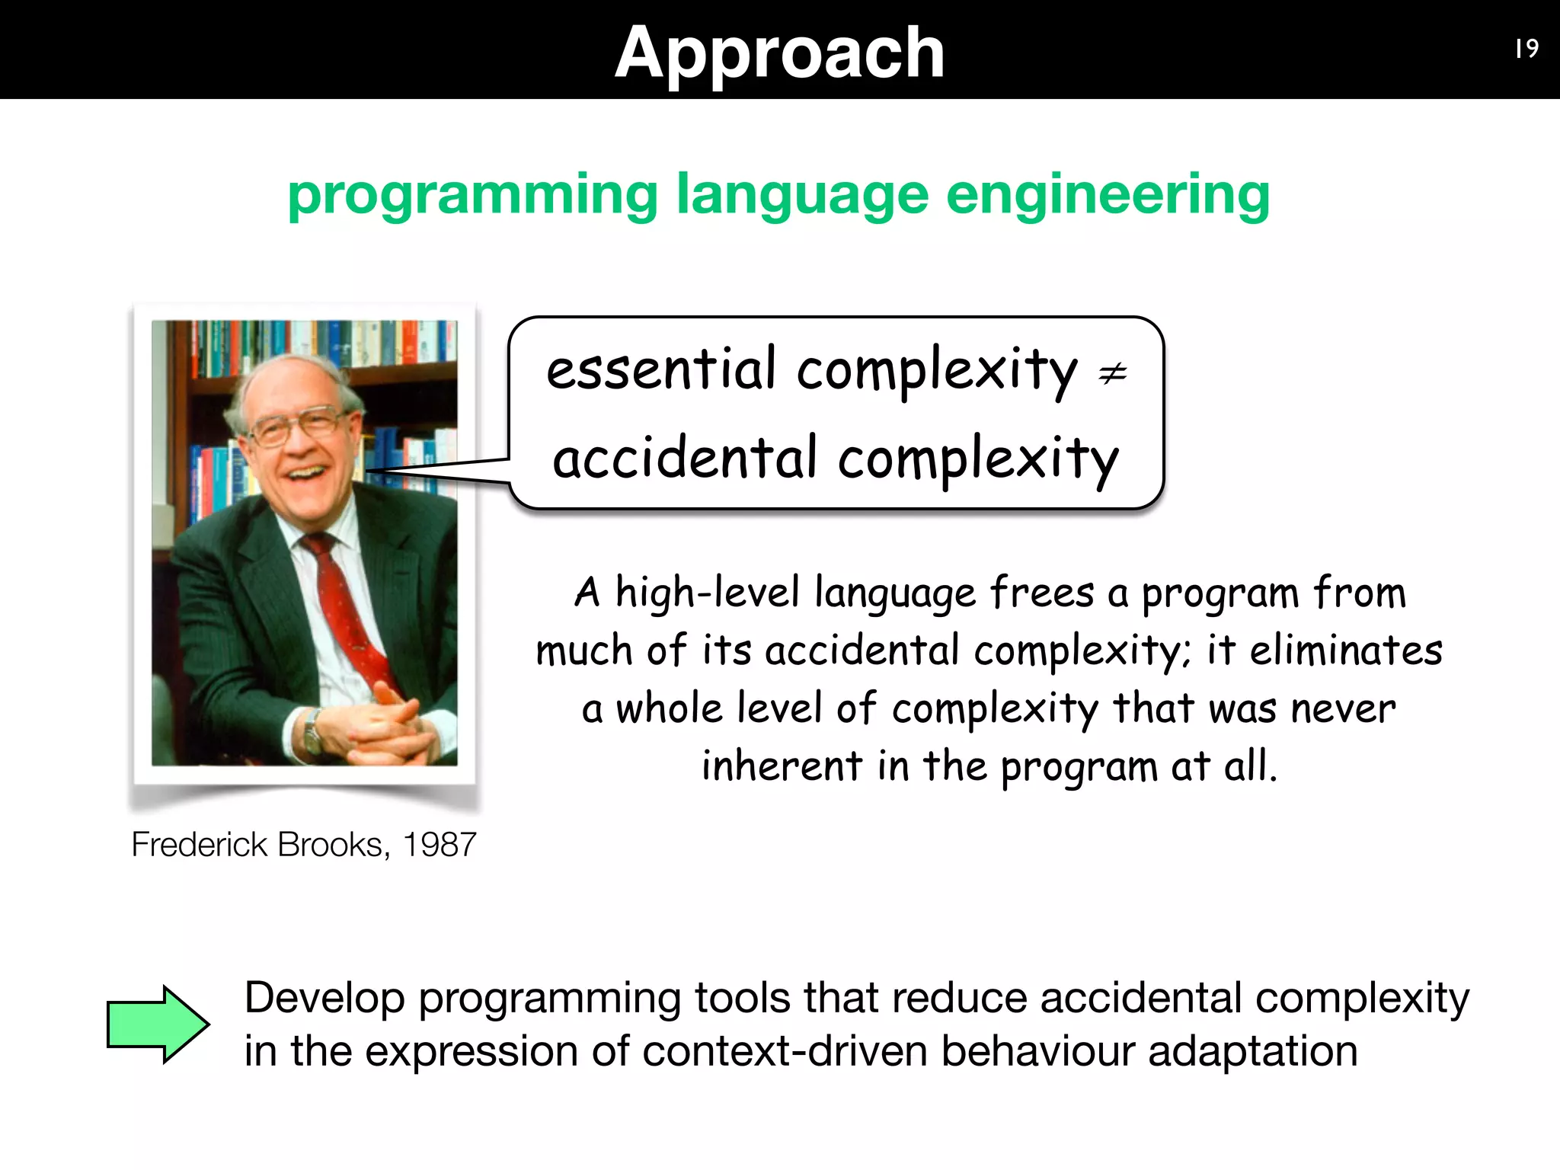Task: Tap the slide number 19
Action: coord(1526,49)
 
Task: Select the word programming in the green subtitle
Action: coord(472,196)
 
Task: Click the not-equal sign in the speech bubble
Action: coord(1112,373)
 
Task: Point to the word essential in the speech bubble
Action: coord(661,369)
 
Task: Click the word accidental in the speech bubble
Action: coord(685,458)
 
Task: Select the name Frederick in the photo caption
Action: coord(200,845)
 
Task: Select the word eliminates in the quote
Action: coord(1346,651)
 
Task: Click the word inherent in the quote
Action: coord(782,766)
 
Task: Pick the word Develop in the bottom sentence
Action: coord(324,999)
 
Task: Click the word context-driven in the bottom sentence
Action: coord(785,1052)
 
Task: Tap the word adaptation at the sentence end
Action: coord(1252,1052)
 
